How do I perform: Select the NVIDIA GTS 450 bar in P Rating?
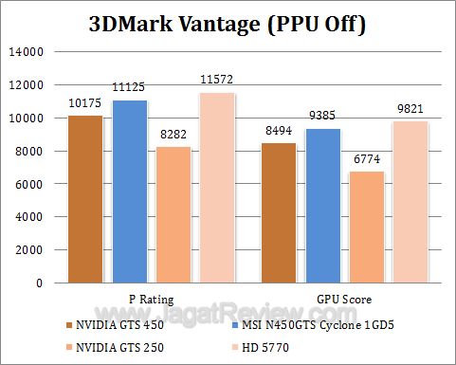[x=85, y=198]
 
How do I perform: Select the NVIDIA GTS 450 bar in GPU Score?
[x=283, y=212]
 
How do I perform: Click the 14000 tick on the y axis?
[x=26, y=52]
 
